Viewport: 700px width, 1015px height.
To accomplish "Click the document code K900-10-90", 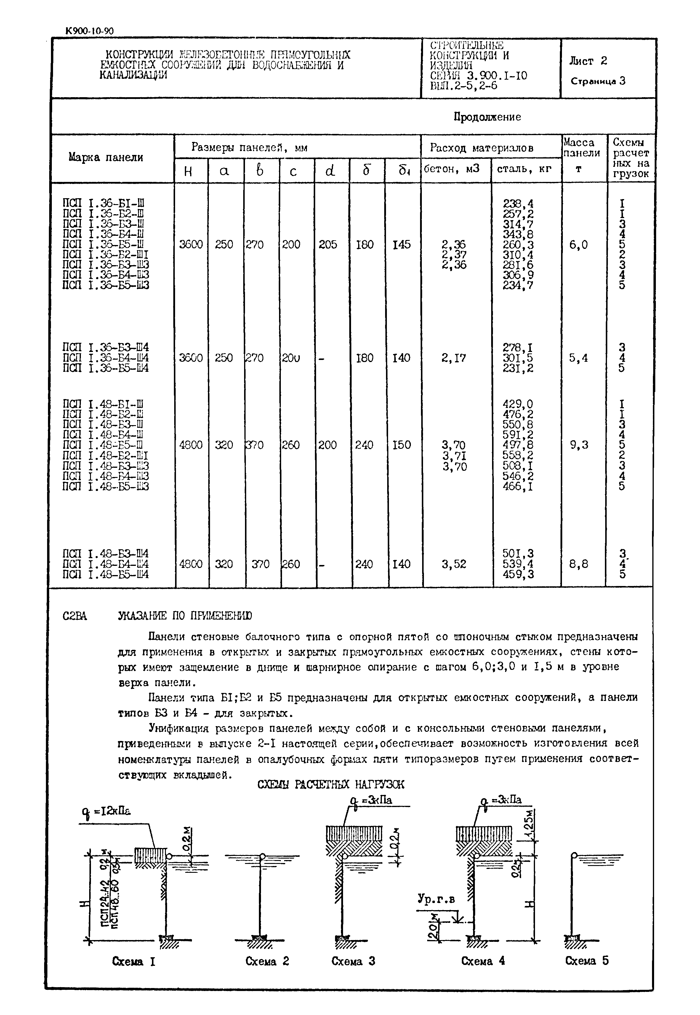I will click(89, 31).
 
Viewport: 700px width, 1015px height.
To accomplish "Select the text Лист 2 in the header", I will click(588, 61).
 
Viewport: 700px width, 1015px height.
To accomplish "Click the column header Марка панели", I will click(106, 158).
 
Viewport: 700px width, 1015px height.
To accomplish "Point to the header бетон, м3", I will click(452, 169).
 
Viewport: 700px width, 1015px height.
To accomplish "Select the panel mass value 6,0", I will click(579, 245).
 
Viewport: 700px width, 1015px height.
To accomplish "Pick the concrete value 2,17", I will click(454, 358).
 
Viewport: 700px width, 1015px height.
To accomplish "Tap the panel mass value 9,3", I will click(579, 445).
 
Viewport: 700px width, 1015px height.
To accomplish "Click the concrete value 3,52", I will click(454, 564).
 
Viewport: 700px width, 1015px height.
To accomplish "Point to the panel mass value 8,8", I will click(579, 564).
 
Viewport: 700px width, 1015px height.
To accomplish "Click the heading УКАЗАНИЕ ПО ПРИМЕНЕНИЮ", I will click(185, 616).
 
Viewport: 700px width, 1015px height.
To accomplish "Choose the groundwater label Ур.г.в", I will click(436, 899).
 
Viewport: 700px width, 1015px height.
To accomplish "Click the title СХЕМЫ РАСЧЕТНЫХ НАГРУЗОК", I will click(330, 784).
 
